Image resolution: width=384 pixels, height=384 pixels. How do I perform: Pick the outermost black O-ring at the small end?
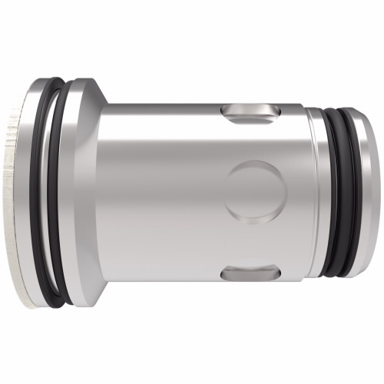pos(351,192)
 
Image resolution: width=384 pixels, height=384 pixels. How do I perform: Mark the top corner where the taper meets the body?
pos(106,103)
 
